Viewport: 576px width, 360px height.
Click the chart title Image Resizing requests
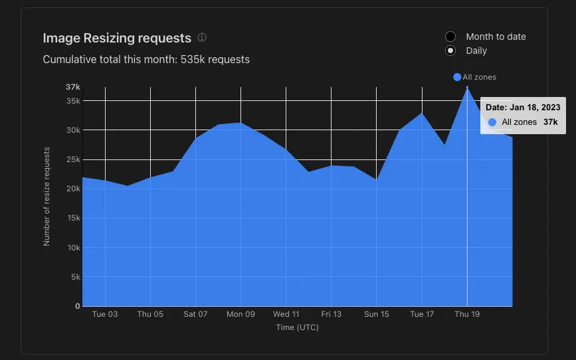coord(117,39)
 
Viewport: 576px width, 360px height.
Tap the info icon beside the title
coord(202,37)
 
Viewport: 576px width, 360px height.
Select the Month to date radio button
coord(450,37)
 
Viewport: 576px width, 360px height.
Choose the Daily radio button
coord(450,50)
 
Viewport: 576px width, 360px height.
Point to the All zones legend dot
coord(457,77)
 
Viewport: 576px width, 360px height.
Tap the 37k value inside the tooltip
coord(550,122)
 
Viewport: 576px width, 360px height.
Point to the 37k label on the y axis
coord(72,87)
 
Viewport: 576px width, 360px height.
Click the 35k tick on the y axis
coord(73,101)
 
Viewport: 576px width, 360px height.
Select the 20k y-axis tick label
coord(73,189)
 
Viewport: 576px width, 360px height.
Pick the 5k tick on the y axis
coord(75,277)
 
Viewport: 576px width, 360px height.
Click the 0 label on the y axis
coord(78,306)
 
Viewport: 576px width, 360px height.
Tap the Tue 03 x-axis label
coord(105,314)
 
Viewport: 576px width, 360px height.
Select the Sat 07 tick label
coord(195,314)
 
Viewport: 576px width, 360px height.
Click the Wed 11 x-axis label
coord(286,314)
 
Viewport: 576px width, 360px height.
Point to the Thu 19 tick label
coord(467,314)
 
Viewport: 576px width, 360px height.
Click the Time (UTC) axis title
coord(297,327)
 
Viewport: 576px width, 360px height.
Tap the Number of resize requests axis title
coord(47,197)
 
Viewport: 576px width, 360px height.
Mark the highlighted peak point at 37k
coord(467,87)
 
